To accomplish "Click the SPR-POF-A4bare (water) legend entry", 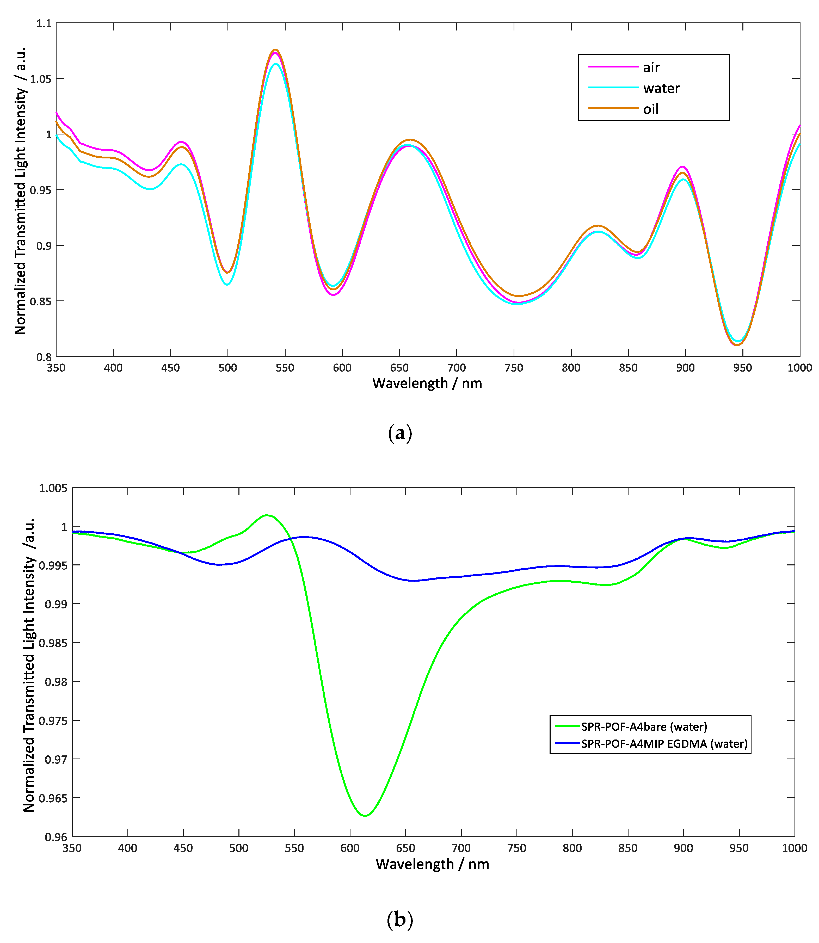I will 644,726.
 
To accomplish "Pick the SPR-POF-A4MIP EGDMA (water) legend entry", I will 664,744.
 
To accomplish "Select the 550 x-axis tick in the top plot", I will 285,368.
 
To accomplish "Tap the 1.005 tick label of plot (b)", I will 53,488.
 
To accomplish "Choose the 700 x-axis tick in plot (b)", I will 461,848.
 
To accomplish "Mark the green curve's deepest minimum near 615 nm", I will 365,816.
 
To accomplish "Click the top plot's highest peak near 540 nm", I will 275,50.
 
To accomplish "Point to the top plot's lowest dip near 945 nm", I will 737,345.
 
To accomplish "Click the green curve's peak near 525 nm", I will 267,515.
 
